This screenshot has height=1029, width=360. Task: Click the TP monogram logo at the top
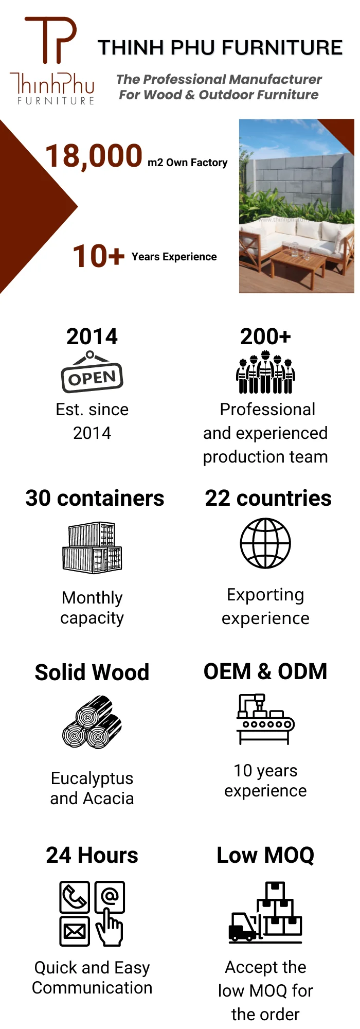tap(50, 40)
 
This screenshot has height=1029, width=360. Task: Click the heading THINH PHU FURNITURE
tap(220, 48)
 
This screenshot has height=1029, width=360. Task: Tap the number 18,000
tap(94, 156)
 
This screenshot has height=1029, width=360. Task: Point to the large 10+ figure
tap(99, 256)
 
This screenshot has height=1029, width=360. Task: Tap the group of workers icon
tap(265, 372)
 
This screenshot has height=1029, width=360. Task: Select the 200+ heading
tap(265, 337)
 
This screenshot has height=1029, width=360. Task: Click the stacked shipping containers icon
tap(92, 548)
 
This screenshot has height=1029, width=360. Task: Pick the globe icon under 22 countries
tap(265, 543)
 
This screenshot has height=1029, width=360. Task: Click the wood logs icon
tap(92, 722)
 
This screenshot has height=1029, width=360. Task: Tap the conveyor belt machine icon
tap(265, 719)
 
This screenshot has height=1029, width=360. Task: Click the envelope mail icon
tap(75, 931)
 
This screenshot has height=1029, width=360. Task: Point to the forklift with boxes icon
tap(265, 914)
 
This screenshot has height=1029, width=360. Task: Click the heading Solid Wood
tap(92, 672)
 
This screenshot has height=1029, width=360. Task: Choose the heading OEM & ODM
tap(265, 671)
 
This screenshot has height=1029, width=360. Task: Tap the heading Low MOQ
tap(265, 856)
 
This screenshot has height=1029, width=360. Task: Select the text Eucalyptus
tap(92, 778)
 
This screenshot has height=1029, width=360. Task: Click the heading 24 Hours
tap(92, 856)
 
